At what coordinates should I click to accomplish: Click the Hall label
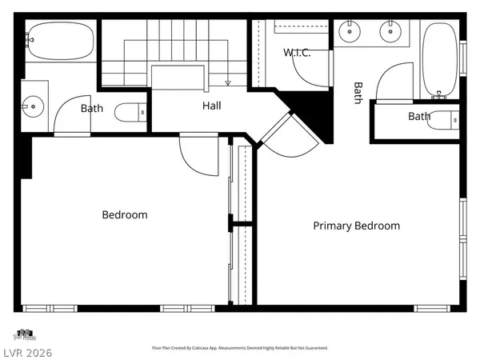pos(212,106)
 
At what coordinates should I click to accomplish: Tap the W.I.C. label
pos(296,53)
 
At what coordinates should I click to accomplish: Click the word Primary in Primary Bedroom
pos(332,226)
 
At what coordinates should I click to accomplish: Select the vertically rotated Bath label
pos(358,93)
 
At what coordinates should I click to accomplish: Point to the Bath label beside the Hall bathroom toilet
pos(92,108)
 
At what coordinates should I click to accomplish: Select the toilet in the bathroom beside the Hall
pos(130,113)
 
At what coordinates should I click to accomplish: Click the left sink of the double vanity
pos(349,32)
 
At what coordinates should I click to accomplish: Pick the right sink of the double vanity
pos(392,32)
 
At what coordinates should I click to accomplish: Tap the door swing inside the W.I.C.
pos(310,74)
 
